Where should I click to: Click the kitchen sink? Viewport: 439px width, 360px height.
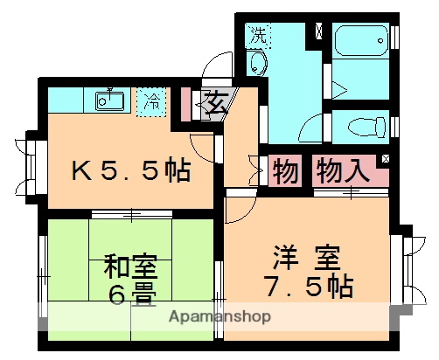[109, 100]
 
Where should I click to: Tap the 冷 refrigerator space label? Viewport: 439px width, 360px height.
[151, 100]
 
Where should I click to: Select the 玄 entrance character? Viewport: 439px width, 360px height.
[213, 104]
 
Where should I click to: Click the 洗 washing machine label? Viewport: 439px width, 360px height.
[258, 36]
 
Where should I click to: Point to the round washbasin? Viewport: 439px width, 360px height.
[257, 63]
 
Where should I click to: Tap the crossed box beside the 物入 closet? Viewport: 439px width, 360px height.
[386, 158]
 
